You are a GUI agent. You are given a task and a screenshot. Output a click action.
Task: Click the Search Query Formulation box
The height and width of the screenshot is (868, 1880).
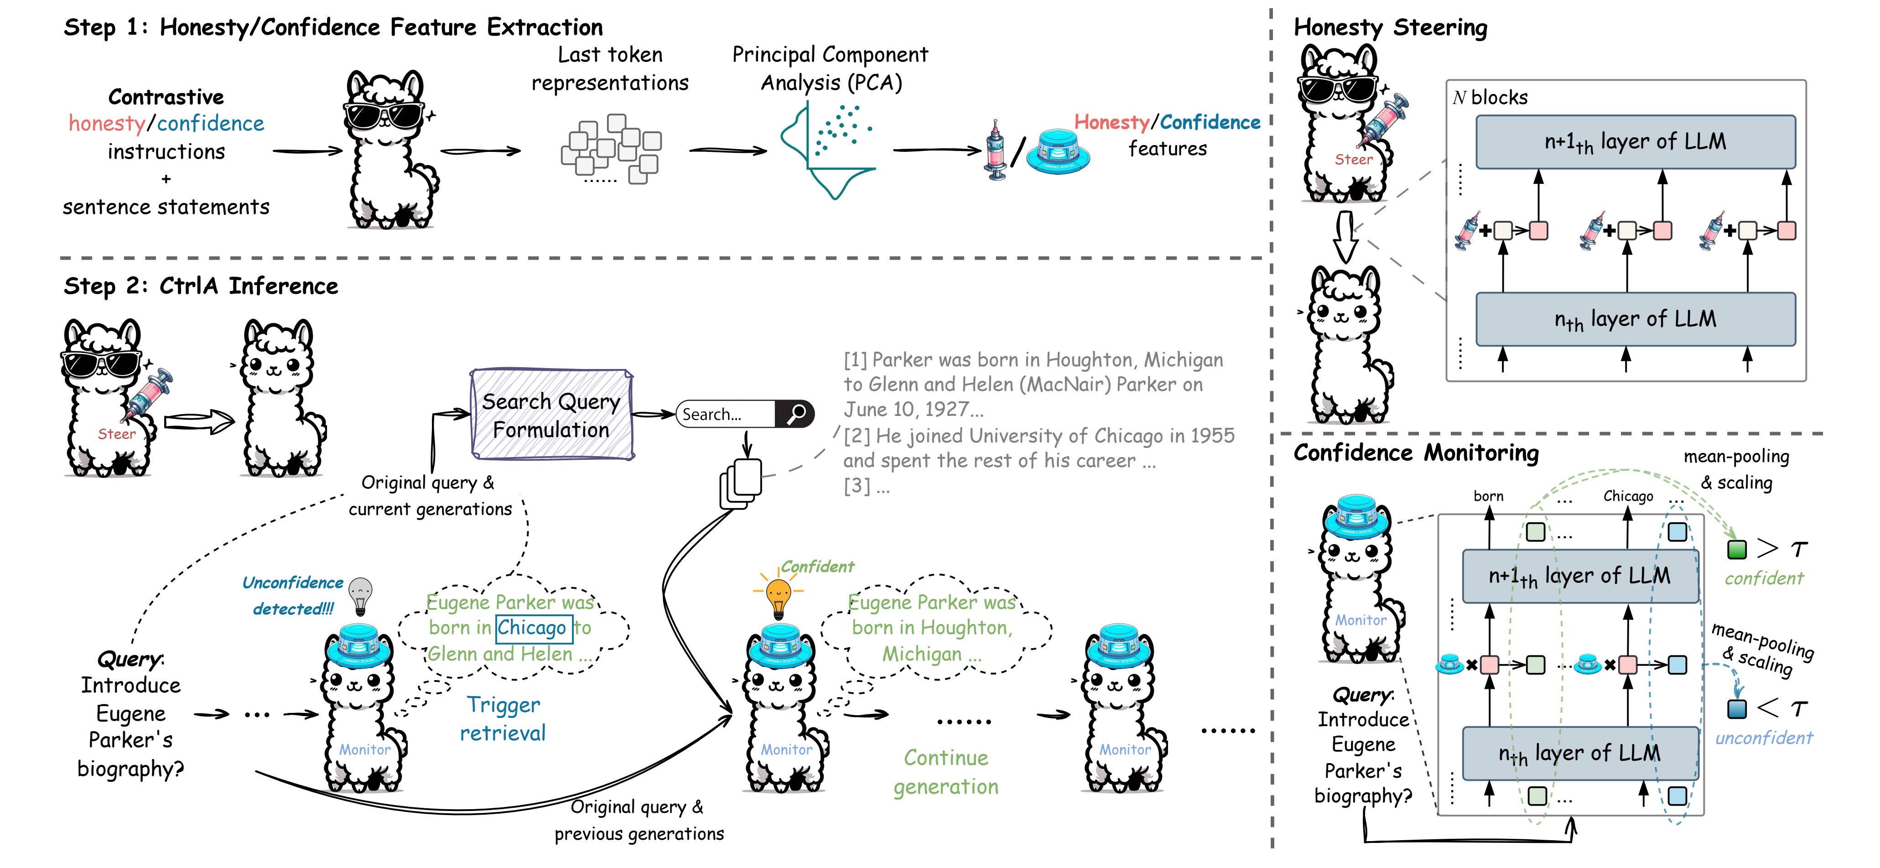(x=552, y=415)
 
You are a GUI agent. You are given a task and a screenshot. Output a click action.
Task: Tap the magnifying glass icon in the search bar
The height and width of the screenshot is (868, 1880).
(x=795, y=414)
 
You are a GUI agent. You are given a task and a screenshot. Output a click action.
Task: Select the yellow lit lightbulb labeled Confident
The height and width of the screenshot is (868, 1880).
(x=778, y=594)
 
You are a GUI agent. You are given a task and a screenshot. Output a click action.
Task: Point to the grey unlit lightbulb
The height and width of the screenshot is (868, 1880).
(x=360, y=595)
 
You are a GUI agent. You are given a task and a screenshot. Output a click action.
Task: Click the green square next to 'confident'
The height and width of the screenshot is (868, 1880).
(x=1737, y=549)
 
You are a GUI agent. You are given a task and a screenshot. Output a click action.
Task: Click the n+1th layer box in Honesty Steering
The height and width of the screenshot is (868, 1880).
(x=1635, y=141)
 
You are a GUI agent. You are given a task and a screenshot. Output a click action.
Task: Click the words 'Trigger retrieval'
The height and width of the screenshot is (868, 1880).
(x=503, y=718)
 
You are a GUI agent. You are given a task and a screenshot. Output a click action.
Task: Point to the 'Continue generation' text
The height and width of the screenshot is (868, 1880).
(x=946, y=772)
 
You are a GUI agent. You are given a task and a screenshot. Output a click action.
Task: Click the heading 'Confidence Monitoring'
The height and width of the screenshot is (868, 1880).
(x=1416, y=453)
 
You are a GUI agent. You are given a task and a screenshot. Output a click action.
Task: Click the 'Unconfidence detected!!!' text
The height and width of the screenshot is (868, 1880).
(x=293, y=595)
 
